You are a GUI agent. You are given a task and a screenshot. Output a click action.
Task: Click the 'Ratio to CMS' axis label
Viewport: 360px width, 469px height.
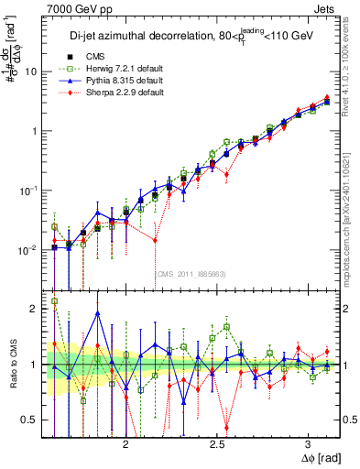point(12,365)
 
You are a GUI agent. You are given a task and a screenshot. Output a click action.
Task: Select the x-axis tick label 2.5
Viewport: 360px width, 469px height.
point(217,444)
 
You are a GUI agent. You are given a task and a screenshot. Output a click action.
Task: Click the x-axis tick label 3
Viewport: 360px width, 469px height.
point(309,444)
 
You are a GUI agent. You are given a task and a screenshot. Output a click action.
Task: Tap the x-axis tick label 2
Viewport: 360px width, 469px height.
point(126,444)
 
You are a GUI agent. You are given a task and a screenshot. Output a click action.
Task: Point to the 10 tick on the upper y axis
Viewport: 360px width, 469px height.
point(32,71)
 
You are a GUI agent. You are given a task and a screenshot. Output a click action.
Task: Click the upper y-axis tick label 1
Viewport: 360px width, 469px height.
point(35,131)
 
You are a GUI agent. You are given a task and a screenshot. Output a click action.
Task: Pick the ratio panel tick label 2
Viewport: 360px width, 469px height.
point(35,309)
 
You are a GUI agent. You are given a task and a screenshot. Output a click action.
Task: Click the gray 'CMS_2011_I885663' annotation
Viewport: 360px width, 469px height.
point(191,273)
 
